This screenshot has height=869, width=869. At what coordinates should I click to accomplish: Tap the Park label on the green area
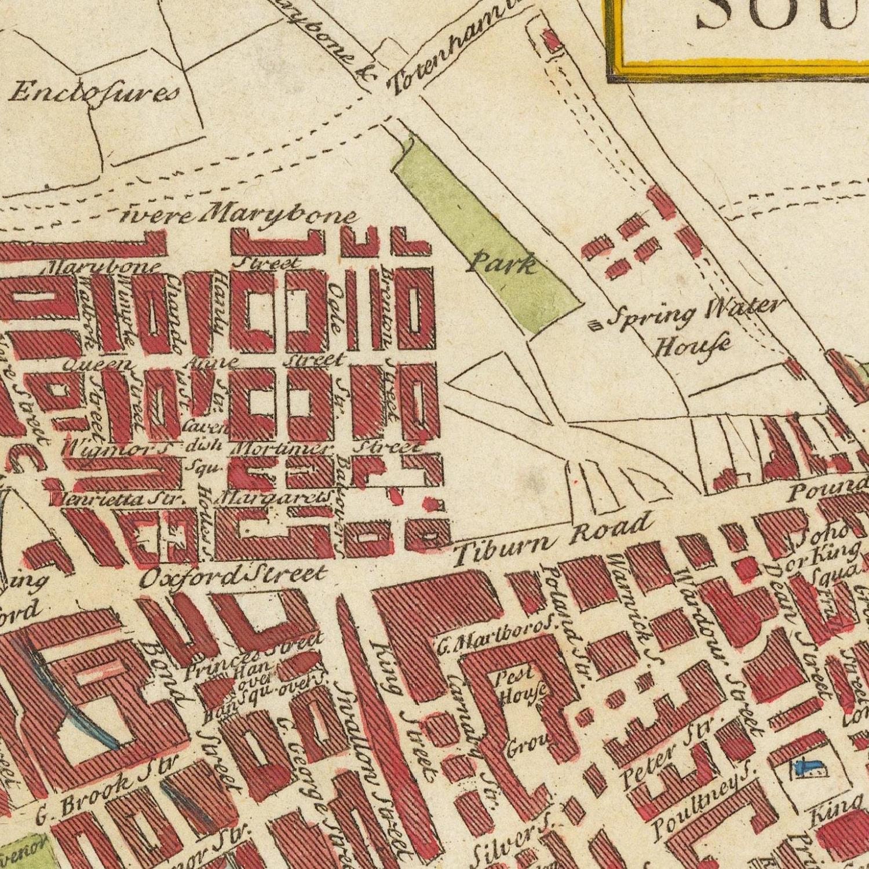tap(501, 265)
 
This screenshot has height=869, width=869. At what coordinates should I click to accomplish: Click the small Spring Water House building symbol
tap(596, 326)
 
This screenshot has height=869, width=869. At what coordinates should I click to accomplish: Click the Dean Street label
tap(802, 631)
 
